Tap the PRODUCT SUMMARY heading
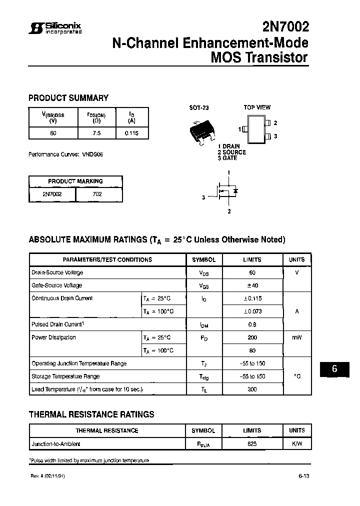68,98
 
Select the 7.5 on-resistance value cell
96,133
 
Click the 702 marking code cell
97,194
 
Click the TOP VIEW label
257,107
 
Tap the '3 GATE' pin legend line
227,158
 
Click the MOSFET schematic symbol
227,192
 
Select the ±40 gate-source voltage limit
252,285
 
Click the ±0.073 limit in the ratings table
252,311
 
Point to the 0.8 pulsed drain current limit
252,324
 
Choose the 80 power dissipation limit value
252,350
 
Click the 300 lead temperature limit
252,389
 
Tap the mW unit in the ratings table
297,337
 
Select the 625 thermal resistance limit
252,443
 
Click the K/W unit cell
297,443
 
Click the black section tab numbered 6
335,369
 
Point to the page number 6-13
304,476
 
